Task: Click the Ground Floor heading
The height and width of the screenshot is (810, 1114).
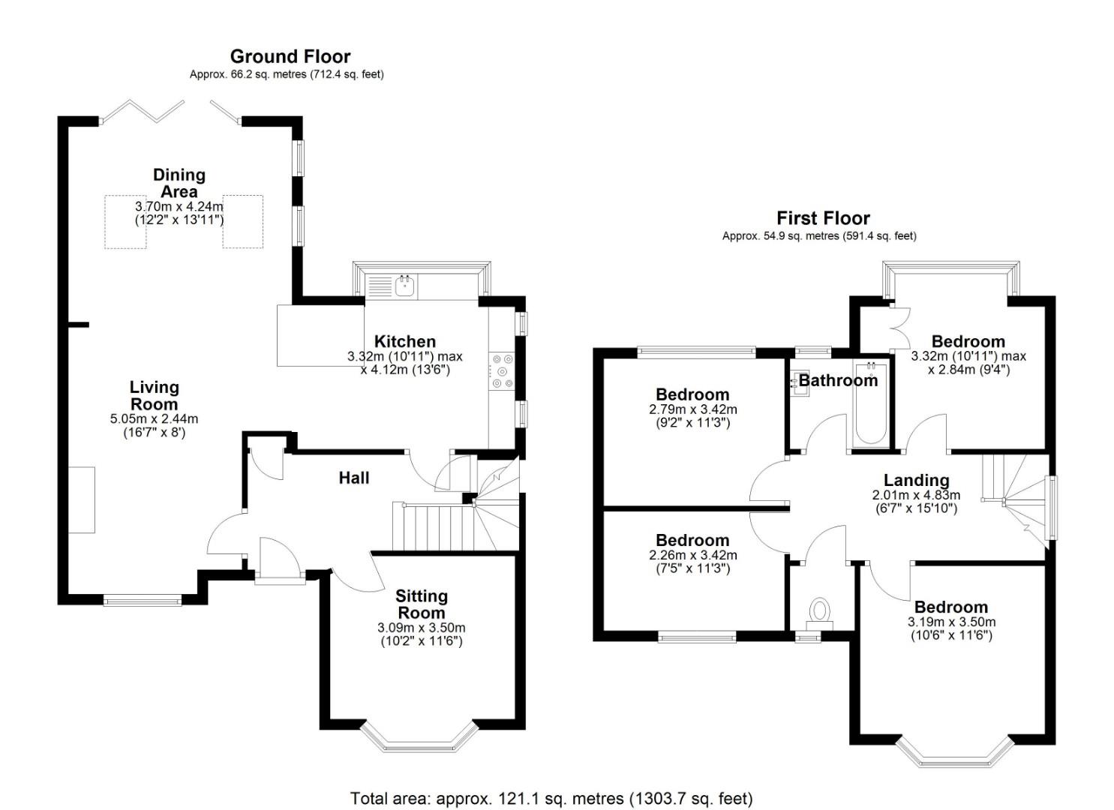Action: pos(290,56)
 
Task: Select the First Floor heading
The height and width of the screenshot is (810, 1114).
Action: pos(823,218)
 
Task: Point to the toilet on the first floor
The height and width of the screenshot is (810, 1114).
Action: pos(820,612)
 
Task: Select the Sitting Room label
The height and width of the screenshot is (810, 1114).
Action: pos(422,604)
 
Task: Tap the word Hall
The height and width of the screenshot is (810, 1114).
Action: pos(353,478)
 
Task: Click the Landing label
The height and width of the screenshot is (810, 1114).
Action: pos(916,480)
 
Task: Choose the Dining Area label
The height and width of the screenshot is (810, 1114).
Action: pos(179,183)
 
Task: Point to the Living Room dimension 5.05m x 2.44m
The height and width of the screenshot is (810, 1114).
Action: pos(154,419)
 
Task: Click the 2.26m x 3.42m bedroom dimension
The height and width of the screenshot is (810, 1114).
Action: pos(692,556)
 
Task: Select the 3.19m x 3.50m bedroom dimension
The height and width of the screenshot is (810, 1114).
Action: pos(951,622)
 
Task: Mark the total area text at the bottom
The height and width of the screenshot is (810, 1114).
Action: pos(551,799)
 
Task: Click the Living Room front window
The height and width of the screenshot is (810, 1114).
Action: pos(142,600)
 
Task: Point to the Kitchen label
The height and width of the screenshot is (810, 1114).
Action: pos(405,341)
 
